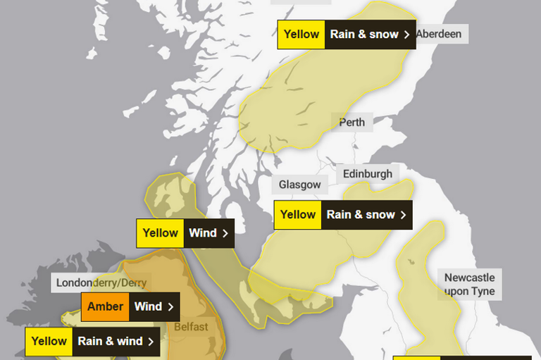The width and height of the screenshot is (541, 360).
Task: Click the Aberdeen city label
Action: point(438,34)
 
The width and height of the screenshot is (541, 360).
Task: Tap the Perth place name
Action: point(352,122)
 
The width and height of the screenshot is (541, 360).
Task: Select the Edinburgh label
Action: point(368,174)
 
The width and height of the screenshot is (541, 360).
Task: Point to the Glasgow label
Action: point(299,185)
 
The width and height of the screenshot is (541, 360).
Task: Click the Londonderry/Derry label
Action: point(101,283)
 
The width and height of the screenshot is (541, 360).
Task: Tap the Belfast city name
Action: point(190,327)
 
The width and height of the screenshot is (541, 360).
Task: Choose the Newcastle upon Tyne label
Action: point(469,284)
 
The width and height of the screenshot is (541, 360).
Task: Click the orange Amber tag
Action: point(105,306)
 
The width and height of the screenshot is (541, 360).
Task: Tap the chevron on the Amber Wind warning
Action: point(170,306)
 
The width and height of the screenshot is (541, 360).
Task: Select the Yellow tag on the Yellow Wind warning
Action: point(161,233)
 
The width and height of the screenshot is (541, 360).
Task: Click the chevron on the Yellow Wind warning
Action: point(225,233)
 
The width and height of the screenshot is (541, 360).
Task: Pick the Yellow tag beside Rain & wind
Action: point(49,342)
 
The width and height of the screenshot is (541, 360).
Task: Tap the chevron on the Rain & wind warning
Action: point(150,342)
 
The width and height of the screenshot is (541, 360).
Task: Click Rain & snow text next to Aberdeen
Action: point(363,35)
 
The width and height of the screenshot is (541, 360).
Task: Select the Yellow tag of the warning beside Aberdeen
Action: point(301,35)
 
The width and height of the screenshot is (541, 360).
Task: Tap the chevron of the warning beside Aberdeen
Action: point(406,35)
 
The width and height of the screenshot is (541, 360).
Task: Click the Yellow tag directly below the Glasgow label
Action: point(298,215)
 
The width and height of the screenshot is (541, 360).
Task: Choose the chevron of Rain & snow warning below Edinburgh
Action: point(403,215)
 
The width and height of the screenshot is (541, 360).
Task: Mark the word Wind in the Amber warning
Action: point(148,306)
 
